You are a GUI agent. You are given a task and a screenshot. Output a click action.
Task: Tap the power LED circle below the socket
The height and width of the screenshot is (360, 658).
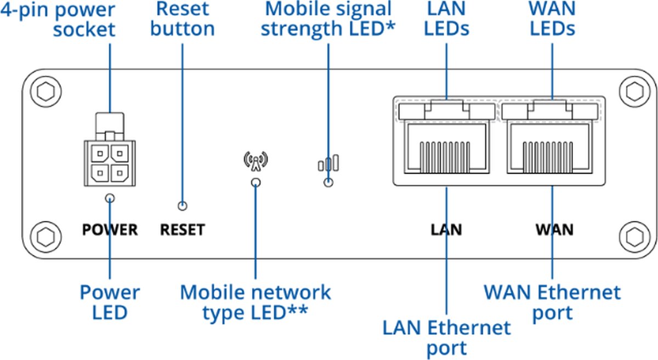110,198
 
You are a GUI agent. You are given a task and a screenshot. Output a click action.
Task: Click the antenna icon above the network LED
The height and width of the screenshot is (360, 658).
256,160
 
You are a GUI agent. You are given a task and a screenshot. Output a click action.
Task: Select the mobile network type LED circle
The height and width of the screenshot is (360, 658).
256,182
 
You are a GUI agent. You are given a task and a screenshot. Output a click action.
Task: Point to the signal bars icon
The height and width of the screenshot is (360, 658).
328,163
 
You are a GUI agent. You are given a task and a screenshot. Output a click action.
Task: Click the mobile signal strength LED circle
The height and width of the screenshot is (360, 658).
328,182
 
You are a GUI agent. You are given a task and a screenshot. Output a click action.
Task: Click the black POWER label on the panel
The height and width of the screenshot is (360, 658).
110,229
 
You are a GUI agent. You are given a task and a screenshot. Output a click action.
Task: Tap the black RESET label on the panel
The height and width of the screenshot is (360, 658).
182,229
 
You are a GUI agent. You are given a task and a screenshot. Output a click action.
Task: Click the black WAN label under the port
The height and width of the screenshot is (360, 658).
554,229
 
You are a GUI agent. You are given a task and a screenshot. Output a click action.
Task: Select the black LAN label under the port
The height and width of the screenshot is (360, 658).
446,229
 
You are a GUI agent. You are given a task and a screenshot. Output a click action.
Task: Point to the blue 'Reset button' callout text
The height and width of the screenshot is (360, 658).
182,19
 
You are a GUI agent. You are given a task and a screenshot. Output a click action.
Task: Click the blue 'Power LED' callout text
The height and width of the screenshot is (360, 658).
110,302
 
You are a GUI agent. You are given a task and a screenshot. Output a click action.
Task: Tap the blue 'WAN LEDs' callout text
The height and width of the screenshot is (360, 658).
552,19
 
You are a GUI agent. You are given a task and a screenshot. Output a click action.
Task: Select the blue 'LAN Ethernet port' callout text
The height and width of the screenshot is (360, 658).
446,338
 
